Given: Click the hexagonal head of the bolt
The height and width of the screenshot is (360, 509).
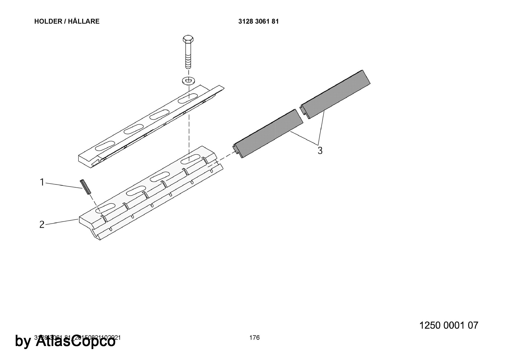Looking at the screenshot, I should tap(188, 40).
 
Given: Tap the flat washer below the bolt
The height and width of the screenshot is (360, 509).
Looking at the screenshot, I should tap(188, 81).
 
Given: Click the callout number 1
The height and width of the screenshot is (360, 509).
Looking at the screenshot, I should tap(42, 182).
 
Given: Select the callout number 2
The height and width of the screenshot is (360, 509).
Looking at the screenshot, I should tap(42, 225).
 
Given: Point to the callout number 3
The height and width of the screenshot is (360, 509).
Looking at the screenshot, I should tap(320, 150).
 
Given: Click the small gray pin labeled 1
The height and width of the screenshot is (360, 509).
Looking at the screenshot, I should tap(85, 187).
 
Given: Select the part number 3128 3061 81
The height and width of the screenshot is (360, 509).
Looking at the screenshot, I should tap(258, 21).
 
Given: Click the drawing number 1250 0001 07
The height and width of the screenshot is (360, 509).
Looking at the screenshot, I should tap(448, 325).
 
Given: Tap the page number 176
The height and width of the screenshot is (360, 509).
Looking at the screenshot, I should tap(254, 338).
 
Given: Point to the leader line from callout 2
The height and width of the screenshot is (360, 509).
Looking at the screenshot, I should tap(61, 222).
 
